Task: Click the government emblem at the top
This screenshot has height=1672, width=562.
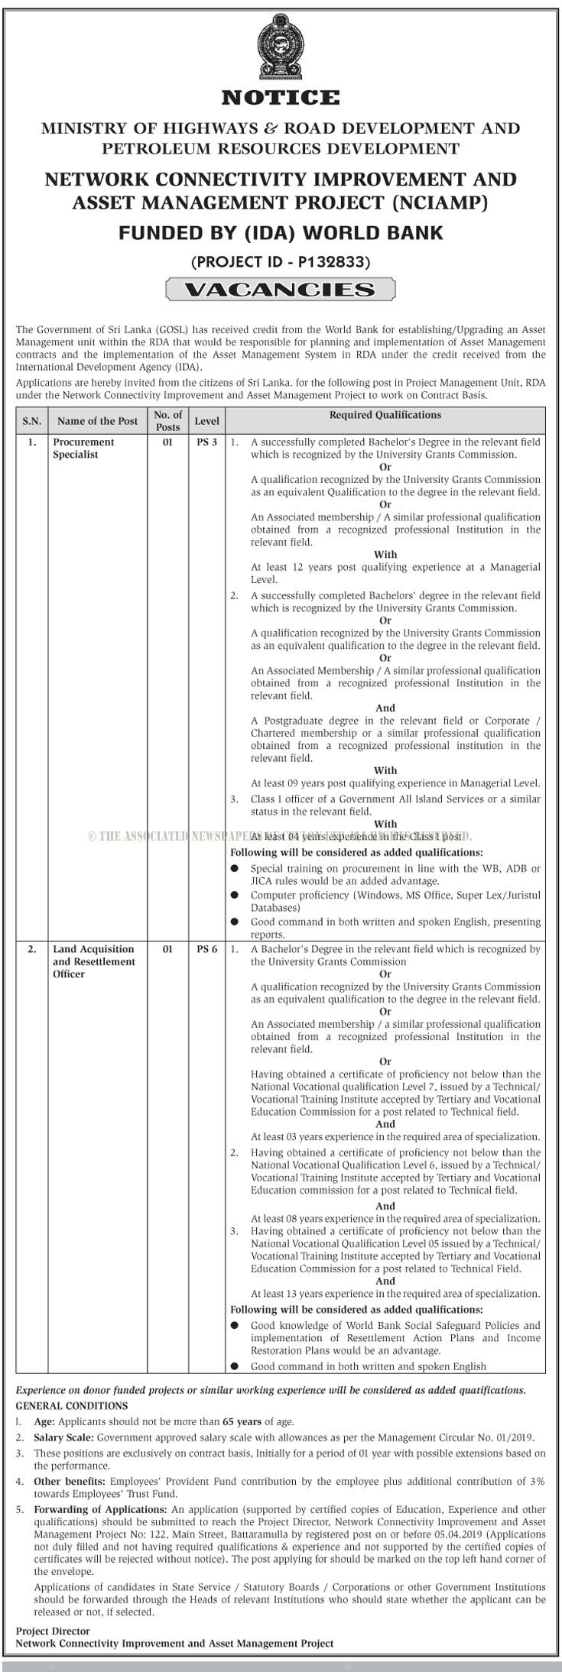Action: pos(281,45)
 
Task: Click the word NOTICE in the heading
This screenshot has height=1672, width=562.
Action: pos(281,98)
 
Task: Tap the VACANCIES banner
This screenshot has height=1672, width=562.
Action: pos(281,290)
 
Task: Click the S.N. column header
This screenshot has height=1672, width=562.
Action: pos(31,421)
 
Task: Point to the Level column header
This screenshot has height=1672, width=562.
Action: pos(206,421)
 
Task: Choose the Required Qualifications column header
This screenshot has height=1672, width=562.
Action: pos(385,415)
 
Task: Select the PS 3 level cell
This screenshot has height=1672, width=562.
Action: pos(206,442)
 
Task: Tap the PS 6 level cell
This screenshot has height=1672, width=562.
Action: pos(206,949)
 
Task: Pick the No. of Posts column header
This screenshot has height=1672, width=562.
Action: pos(167,421)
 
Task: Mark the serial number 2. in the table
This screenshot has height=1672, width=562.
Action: pos(31,949)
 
